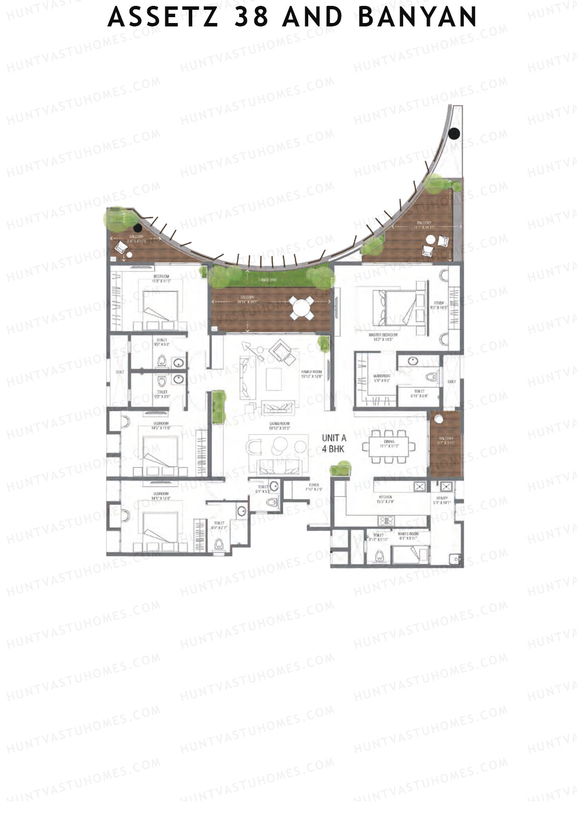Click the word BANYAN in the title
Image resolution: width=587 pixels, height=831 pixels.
tap(417, 18)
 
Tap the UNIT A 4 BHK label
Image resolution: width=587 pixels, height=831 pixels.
tap(334, 443)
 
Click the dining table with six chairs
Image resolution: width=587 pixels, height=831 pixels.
tap(389, 446)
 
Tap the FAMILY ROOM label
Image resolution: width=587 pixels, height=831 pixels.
tap(312, 374)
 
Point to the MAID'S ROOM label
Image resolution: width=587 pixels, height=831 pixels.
tap(407, 535)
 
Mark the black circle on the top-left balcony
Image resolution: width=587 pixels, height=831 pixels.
tap(138, 228)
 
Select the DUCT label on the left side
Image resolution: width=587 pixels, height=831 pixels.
tap(120, 372)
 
